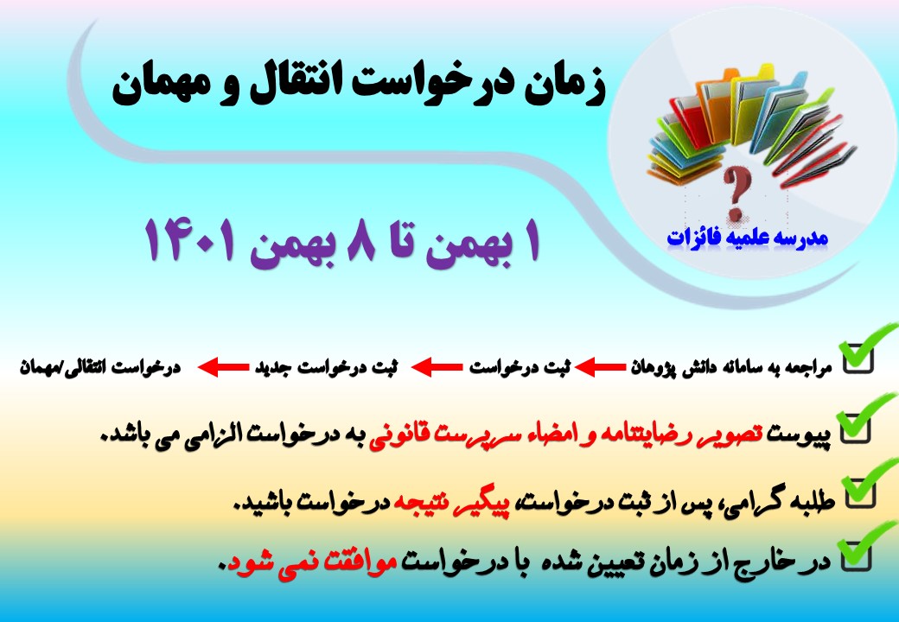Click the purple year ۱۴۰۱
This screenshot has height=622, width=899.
[190, 240]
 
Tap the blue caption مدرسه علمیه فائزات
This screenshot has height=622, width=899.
[748, 238]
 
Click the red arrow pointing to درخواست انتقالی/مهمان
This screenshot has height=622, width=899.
[223, 367]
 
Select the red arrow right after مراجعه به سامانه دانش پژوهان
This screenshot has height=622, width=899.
[600, 367]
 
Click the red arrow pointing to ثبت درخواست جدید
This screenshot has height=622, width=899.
[437, 367]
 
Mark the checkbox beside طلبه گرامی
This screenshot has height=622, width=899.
[861, 493]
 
